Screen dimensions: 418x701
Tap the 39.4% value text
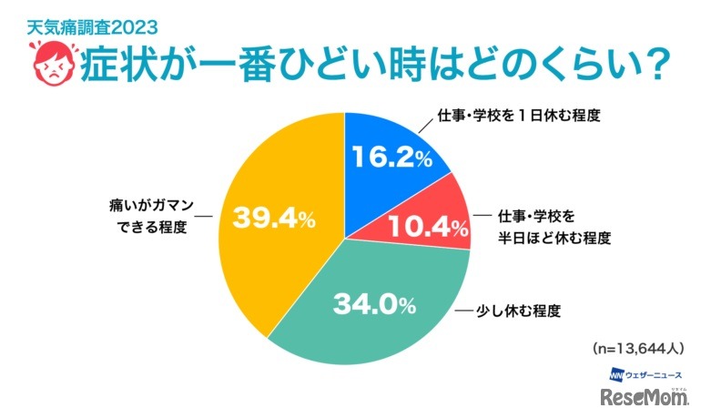[274, 219]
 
